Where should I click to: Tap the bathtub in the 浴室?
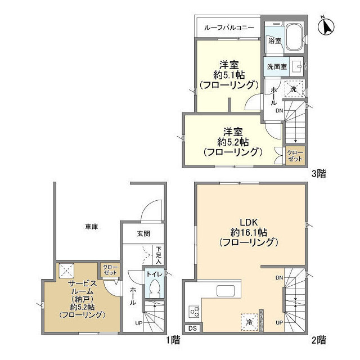point(294,37)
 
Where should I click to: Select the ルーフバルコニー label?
point(229,28)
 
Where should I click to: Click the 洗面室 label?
point(277,66)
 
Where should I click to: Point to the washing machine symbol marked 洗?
point(294,89)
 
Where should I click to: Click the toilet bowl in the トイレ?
point(155,288)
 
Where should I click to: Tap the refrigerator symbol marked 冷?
point(249,322)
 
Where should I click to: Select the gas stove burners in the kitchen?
point(194,312)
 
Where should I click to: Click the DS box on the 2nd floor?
point(193,328)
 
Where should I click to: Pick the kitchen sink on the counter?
point(226,291)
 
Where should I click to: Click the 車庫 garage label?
point(91,227)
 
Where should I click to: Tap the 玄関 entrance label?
point(143,234)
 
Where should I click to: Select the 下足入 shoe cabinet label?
point(159,255)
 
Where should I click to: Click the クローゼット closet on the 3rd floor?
point(295,156)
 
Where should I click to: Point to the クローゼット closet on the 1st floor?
point(110,270)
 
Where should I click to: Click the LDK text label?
point(249,222)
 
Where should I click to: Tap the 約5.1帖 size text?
point(229,75)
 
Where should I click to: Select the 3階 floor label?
point(319,174)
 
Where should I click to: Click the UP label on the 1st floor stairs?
point(139,323)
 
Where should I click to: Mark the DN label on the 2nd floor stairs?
point(279,278)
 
